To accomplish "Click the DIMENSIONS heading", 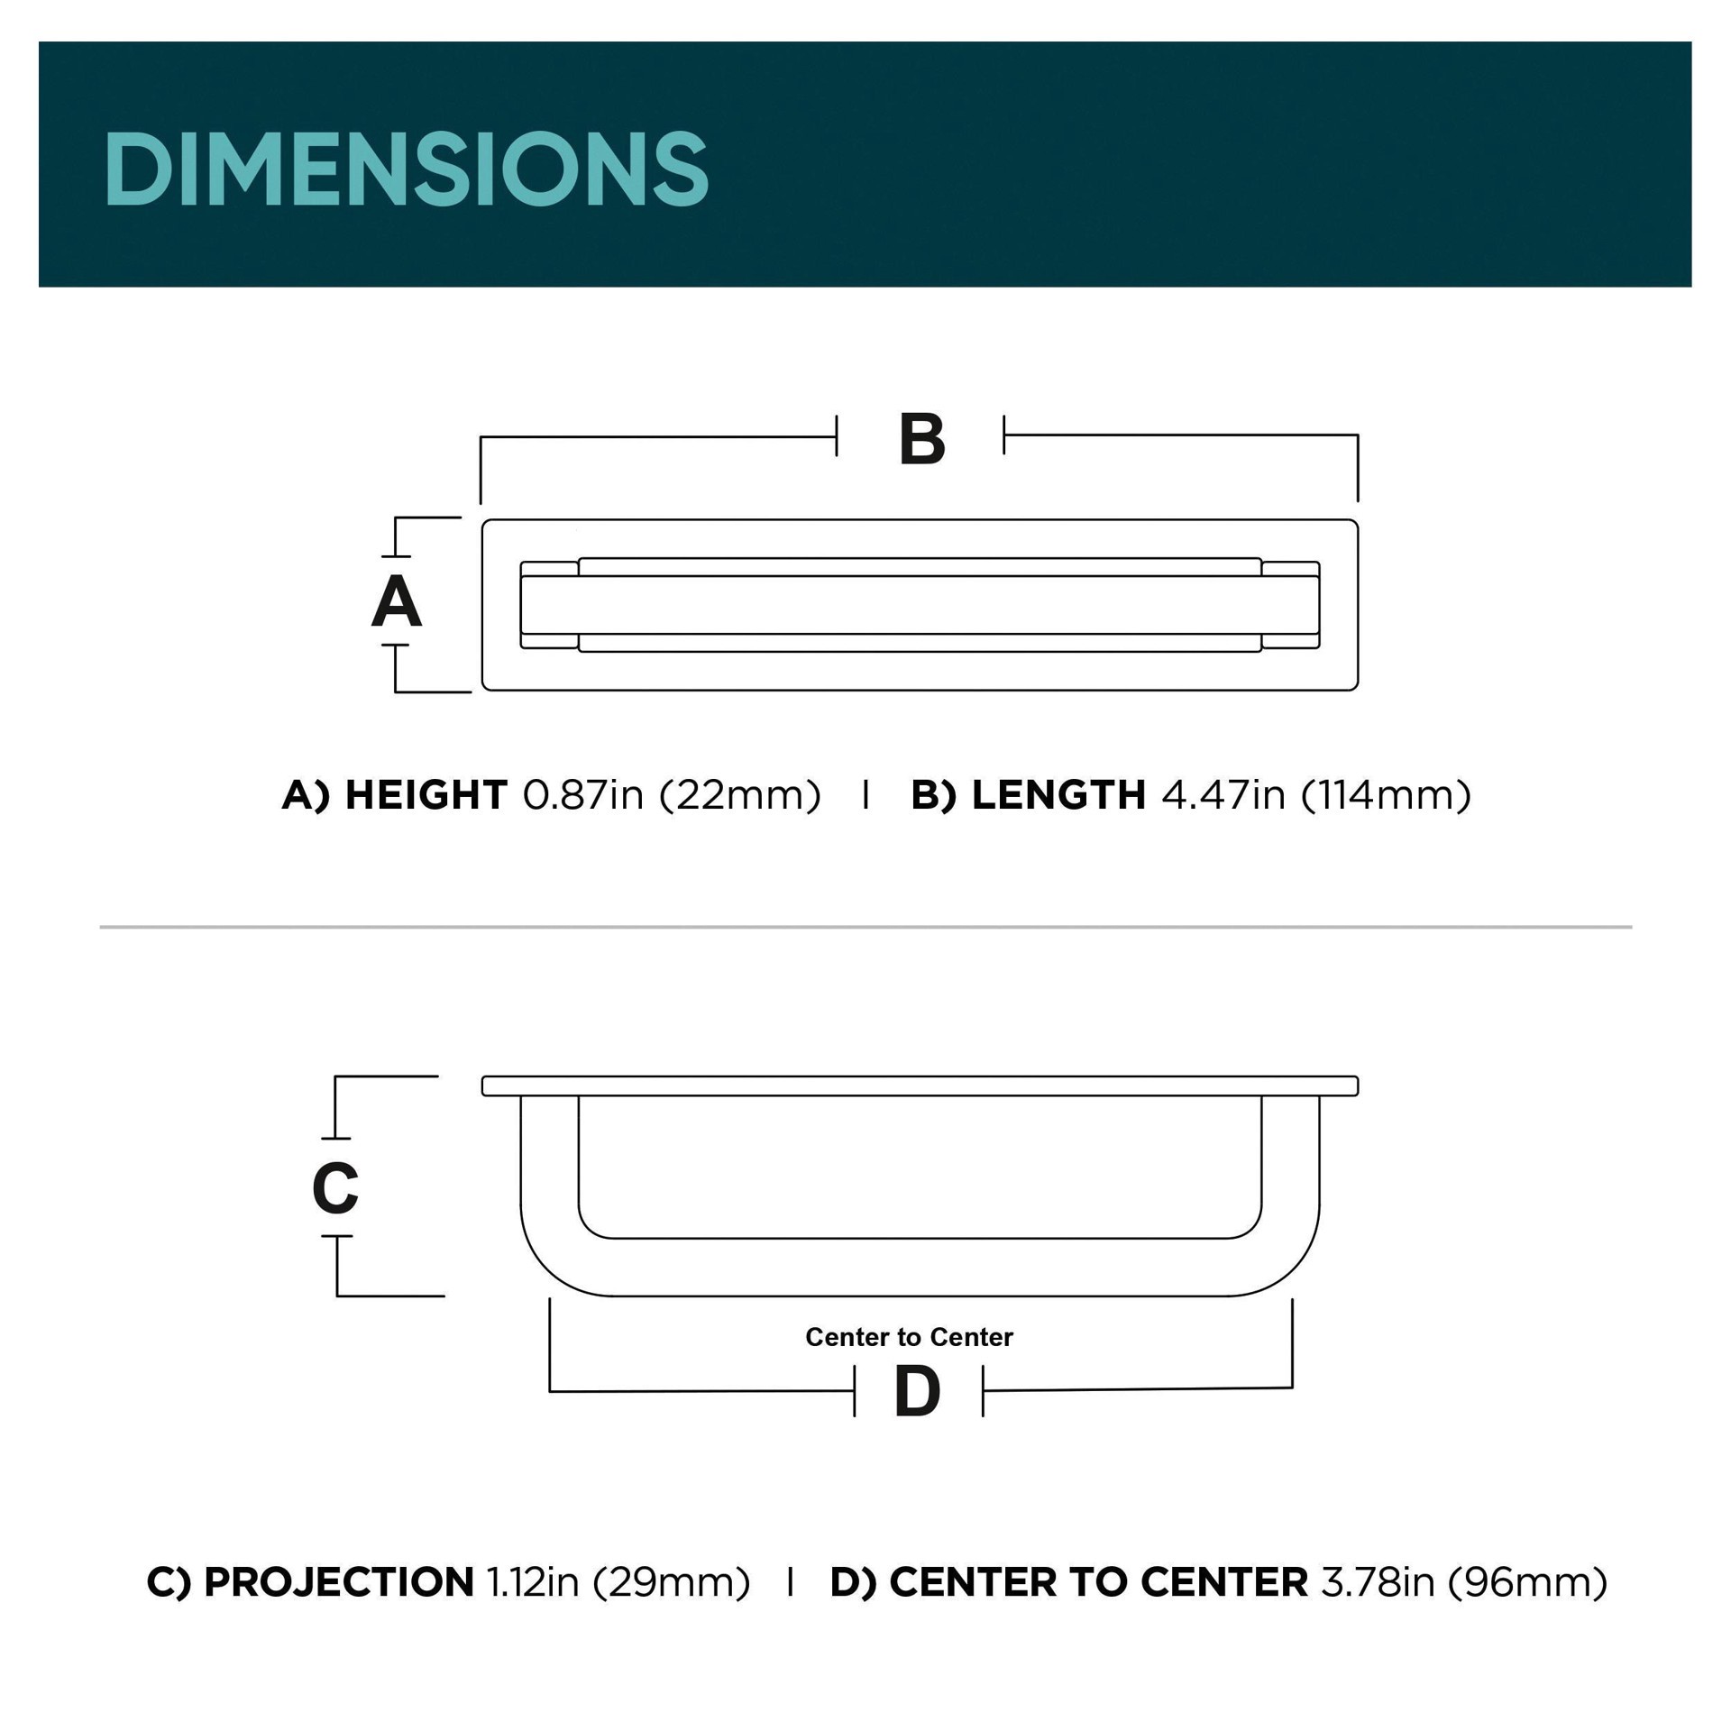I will (406, 169).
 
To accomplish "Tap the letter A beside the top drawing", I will (397, 601).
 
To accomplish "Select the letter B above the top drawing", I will (921, 440).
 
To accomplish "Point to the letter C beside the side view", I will (335, 1187).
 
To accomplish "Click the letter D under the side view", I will (918, 1392).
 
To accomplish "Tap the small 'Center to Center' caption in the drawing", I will (909, 1337).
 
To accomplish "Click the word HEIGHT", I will (426, 795).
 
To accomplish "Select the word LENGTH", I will (1058, 795).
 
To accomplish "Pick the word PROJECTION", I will (339, 1582).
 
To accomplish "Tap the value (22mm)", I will (740, 795).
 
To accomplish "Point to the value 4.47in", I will (1223, 795).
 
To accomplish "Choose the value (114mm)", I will (1387, 795).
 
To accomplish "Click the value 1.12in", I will (532, 1582).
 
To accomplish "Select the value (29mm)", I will (672, 1582).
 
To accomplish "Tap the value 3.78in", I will (1378, 1582).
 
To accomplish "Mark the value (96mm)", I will (1528, 1582).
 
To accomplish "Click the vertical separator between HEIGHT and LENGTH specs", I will (866, 794).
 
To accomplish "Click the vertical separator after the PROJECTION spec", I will (791, 1581).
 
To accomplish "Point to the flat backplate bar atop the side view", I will (920, 1085).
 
